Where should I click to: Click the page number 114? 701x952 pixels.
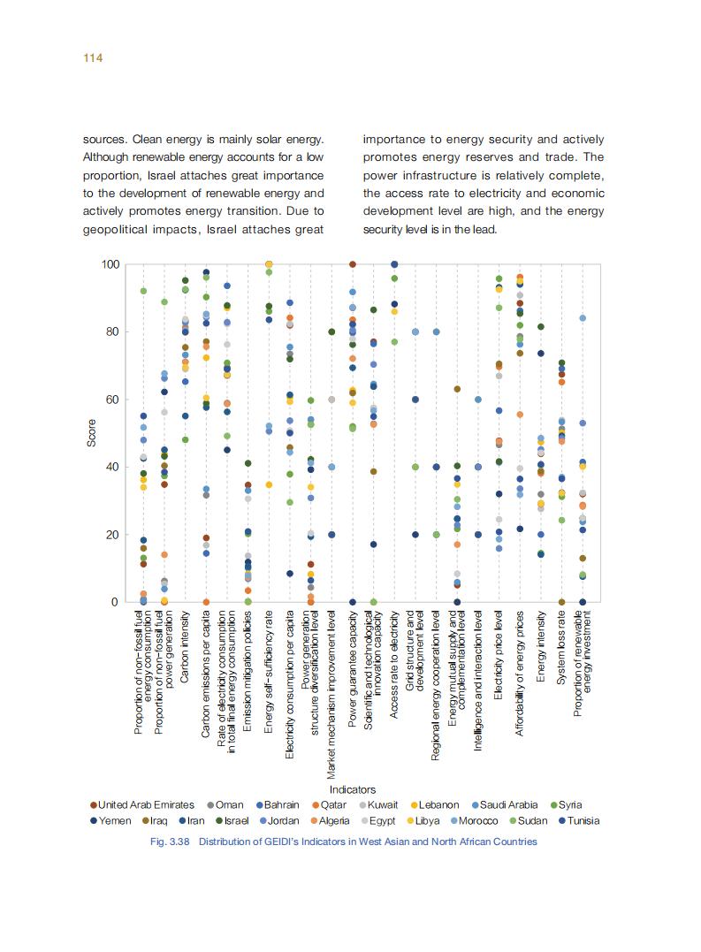point(94,58)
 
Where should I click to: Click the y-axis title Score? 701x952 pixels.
point(92,432)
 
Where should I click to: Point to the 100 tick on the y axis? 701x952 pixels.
point(110,264)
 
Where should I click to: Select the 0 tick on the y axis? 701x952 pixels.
point(115,602)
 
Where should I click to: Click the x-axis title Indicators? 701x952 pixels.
point(352,789)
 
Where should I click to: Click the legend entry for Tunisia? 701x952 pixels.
point(578,820)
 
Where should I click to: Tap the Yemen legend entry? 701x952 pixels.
point(114,820)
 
